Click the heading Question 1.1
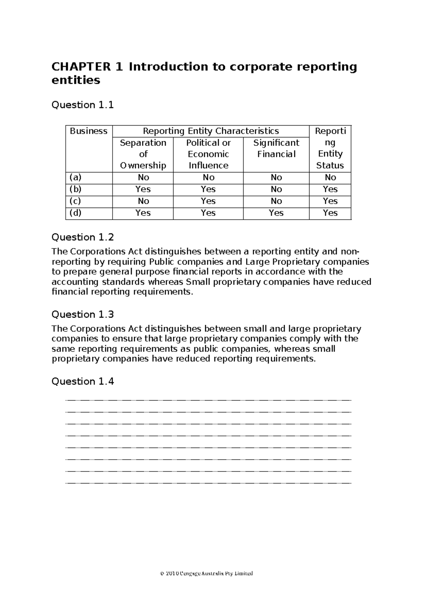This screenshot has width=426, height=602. point(82,105)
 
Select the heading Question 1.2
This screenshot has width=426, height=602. point(82,237)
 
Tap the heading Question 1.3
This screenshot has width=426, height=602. point(82,314)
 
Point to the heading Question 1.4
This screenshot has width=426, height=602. point(82,382)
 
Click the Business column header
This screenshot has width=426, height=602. point(88,131)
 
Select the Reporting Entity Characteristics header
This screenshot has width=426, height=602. point(211,131)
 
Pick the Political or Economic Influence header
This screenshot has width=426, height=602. point(208,154)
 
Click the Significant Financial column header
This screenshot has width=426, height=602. point(276,148)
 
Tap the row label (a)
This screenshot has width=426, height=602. point(75,177)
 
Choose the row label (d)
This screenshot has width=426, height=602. point(75,213)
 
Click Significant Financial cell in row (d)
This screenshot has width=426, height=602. point(276,213)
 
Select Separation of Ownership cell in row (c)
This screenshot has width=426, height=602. point(143,201)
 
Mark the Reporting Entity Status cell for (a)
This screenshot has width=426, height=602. point(330,177)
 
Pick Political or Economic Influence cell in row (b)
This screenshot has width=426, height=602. point(208,189)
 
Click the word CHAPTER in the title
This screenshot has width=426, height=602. point(81,67)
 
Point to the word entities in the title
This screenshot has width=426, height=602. point(76,80)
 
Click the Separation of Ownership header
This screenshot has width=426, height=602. point(143,154)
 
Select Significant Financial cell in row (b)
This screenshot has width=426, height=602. point(276,189)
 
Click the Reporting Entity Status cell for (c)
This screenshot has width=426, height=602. point(330,201)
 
